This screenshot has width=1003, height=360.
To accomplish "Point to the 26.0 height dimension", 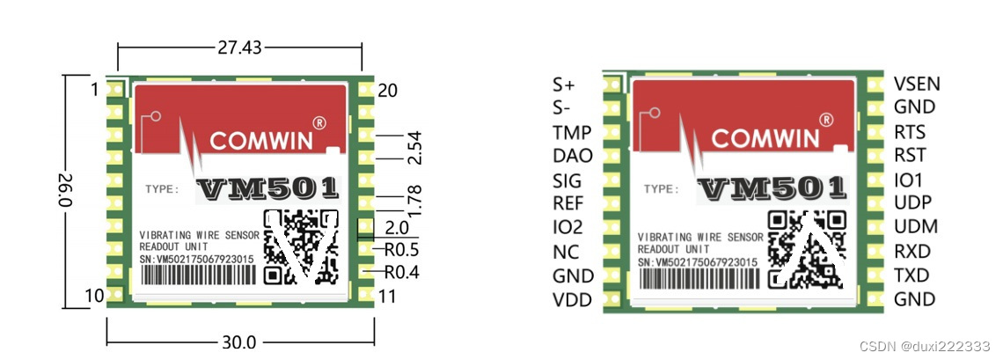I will (x=64, y=190).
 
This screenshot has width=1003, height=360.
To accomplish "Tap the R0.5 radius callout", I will (x=400, y=248).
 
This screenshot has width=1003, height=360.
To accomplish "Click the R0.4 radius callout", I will (x=401, y=272).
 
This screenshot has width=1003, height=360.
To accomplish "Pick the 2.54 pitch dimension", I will (x=414, y=147).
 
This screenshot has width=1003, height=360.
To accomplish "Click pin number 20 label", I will (x=388, y=90).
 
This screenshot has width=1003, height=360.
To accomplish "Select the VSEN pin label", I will (x=917, y=84).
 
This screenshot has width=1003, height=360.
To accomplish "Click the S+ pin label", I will (x=563, y=85).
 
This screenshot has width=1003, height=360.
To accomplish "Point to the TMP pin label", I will (x=572, y=133).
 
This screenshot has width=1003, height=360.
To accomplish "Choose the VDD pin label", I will (x=572, y=300).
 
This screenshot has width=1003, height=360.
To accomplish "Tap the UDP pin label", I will (x=912, y=202).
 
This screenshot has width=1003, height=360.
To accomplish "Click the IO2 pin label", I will (x=567, y=227).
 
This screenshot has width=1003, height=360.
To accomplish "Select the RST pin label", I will (x=910, y=156).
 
